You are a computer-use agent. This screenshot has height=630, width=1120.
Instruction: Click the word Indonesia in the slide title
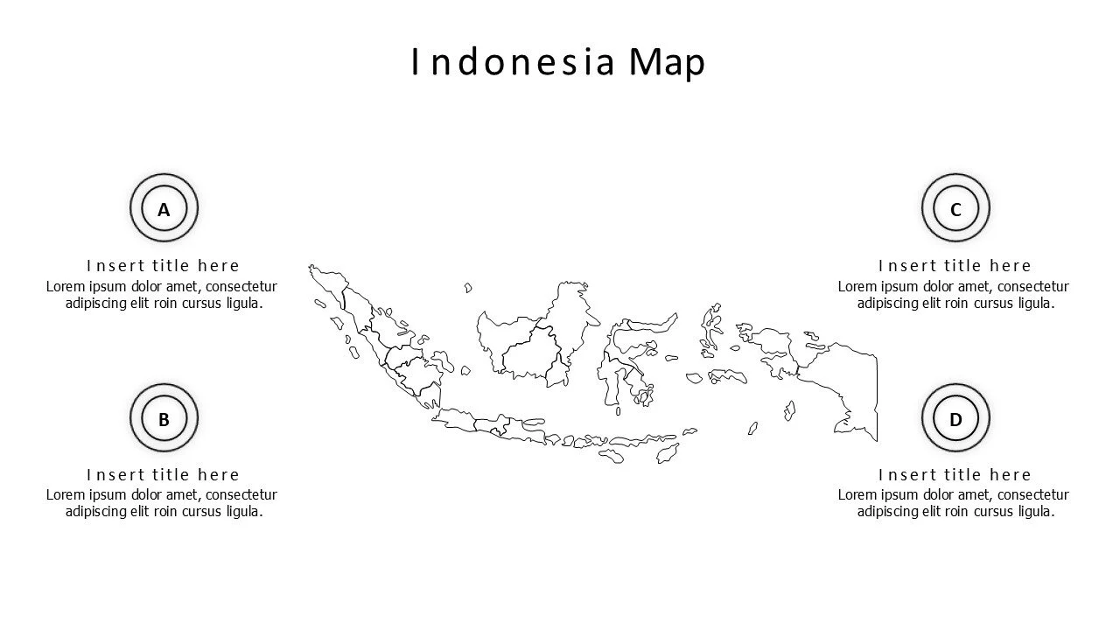(x=514, y=62)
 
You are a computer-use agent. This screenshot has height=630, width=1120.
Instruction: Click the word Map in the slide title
(x=667, y=62)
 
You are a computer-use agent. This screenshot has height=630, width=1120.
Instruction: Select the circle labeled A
(x=164, y=209)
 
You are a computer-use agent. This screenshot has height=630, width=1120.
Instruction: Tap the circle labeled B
(x=164, y=419)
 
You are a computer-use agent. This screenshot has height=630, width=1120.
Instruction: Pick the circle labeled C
(x=955, y=209)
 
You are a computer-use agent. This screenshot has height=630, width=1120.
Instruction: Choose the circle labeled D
(x=955, y=419)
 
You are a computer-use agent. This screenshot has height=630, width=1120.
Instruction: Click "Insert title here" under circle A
(x=163, y=265)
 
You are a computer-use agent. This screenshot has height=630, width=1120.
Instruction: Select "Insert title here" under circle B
(x=163, y=474)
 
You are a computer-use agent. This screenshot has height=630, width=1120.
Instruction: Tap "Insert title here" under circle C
(x=955, y=265)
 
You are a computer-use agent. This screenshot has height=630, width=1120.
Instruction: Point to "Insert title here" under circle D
(x=955, y=474)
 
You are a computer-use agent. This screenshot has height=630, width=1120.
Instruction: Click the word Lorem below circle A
(x=65, y=286)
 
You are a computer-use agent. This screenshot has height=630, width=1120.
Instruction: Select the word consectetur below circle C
(x=1032, y=286)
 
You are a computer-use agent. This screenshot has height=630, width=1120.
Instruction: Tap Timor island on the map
(x=668, y=453)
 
